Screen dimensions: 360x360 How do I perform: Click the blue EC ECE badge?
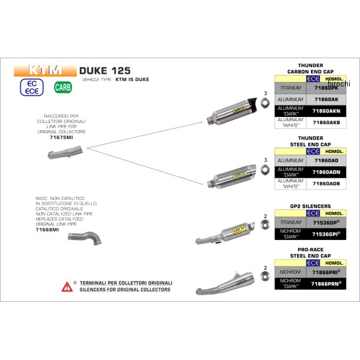(x=33, y=87)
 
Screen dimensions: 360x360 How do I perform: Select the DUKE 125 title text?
(x=104, y=70)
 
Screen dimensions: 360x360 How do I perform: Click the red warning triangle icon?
(x=67, y=286)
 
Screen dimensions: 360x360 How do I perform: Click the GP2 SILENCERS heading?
(x=310, y=206)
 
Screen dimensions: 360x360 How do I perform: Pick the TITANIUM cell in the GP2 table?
(x=290, y=223)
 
